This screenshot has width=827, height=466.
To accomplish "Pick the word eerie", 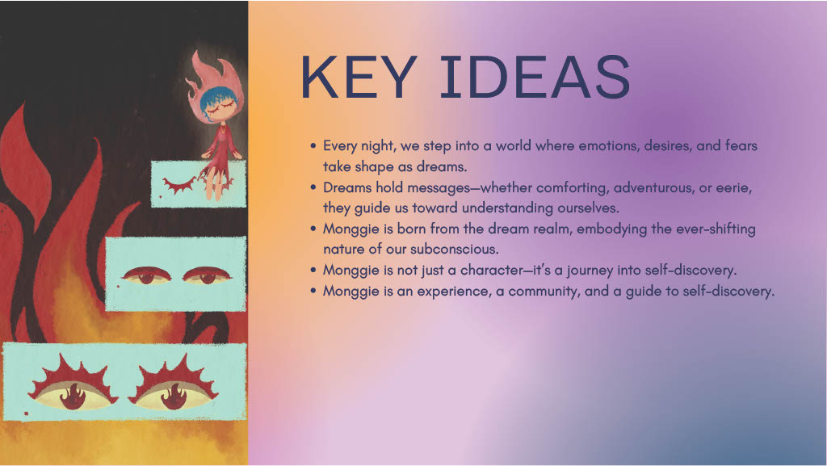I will (736, 187).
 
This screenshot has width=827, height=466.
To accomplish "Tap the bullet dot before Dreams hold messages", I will (313, 187).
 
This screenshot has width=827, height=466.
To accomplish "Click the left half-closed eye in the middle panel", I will (149, 278).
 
